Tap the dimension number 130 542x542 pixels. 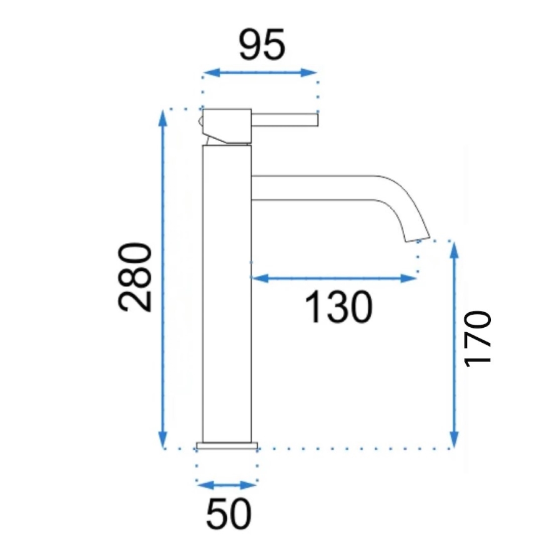pos(339,307)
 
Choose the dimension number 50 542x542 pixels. pos(228,514)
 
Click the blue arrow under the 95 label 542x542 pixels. pos(260,72)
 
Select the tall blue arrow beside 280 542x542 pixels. pos(164,278)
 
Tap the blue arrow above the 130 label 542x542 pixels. pos(333,278)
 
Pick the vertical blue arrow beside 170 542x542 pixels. pos(454,343)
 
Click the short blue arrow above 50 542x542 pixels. pos(227,485)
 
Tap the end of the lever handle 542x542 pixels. pos(316,118)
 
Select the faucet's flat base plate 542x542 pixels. pos(227,445)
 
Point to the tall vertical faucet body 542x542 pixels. pos(227,293)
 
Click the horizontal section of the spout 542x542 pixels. pos(312,188)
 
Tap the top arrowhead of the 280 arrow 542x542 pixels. pos(164,116)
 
